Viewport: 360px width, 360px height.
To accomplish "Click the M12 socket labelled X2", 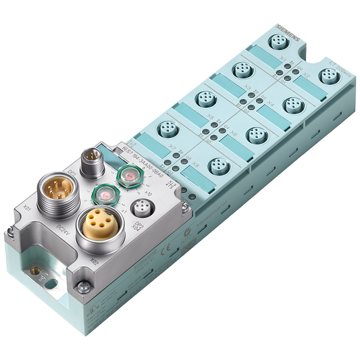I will click(329, 75).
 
